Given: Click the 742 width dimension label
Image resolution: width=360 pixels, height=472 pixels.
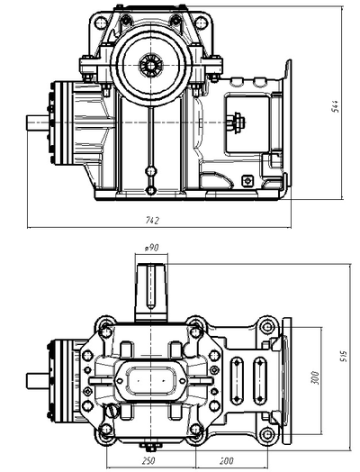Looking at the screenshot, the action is coord(152,221).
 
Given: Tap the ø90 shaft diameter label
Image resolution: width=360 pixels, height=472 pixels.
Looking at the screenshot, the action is coord(151,248).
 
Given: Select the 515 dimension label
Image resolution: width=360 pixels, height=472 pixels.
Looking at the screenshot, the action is coord(344,357).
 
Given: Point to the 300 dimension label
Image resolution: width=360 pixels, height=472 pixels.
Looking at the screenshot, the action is coord(314,377).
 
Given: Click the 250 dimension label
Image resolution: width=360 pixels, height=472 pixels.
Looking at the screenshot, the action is coord(148,461).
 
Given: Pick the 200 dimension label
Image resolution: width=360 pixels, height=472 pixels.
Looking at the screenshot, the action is coord(226,461).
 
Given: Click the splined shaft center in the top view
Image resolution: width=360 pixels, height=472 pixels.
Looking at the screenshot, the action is coord(150,65).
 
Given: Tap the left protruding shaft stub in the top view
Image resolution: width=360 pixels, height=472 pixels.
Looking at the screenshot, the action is coord(38,123).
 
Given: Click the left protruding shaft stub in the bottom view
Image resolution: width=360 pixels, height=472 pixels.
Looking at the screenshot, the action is coord(38,381).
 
